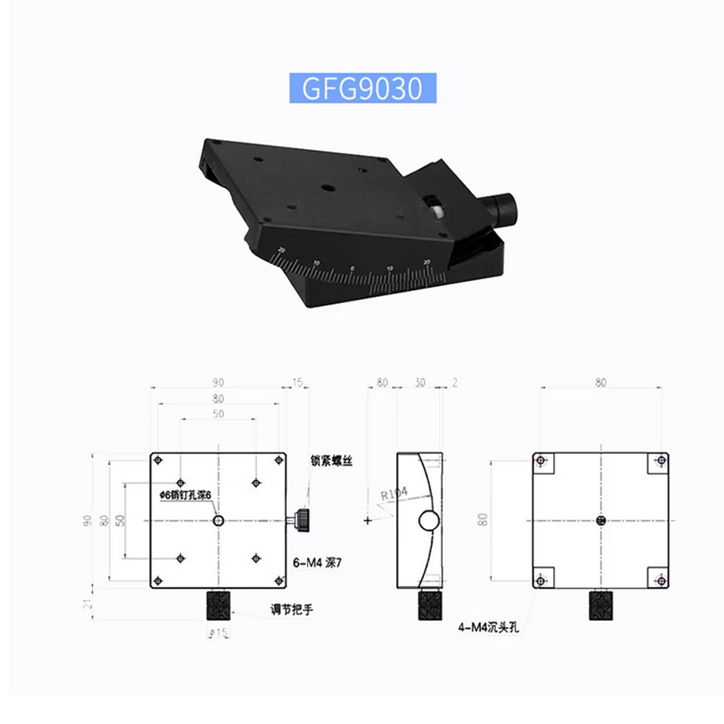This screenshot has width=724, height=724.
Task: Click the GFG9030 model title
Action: point(362,88)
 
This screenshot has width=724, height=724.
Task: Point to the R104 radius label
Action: point(394,494)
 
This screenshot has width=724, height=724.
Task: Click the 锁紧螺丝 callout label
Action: point(331,461)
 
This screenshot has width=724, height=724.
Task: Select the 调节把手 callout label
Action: point(291,609)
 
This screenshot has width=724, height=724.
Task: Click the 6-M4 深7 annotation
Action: point(317,563)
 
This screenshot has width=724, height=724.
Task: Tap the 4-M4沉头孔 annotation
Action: point(488,627)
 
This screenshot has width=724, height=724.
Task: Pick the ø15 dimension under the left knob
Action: point(219,633)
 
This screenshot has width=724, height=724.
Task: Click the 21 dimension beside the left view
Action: point(88,604)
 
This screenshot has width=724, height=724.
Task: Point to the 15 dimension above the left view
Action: point(297,383)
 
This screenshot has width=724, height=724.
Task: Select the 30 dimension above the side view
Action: point(420,383)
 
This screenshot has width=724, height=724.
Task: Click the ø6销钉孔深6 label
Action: point(185,495)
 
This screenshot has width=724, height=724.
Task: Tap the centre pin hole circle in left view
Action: point(219,521)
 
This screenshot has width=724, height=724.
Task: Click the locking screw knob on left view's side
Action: point(302,520)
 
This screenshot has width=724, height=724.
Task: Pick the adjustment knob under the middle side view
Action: point(430,606)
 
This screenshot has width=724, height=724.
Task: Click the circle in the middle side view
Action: point(429,521)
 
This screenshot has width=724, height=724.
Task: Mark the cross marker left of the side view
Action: point(368,521)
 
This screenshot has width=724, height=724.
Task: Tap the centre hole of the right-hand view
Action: point(601,521)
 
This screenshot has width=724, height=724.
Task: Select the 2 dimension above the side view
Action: point(455,383)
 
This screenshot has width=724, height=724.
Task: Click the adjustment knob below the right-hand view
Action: point(601,606)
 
